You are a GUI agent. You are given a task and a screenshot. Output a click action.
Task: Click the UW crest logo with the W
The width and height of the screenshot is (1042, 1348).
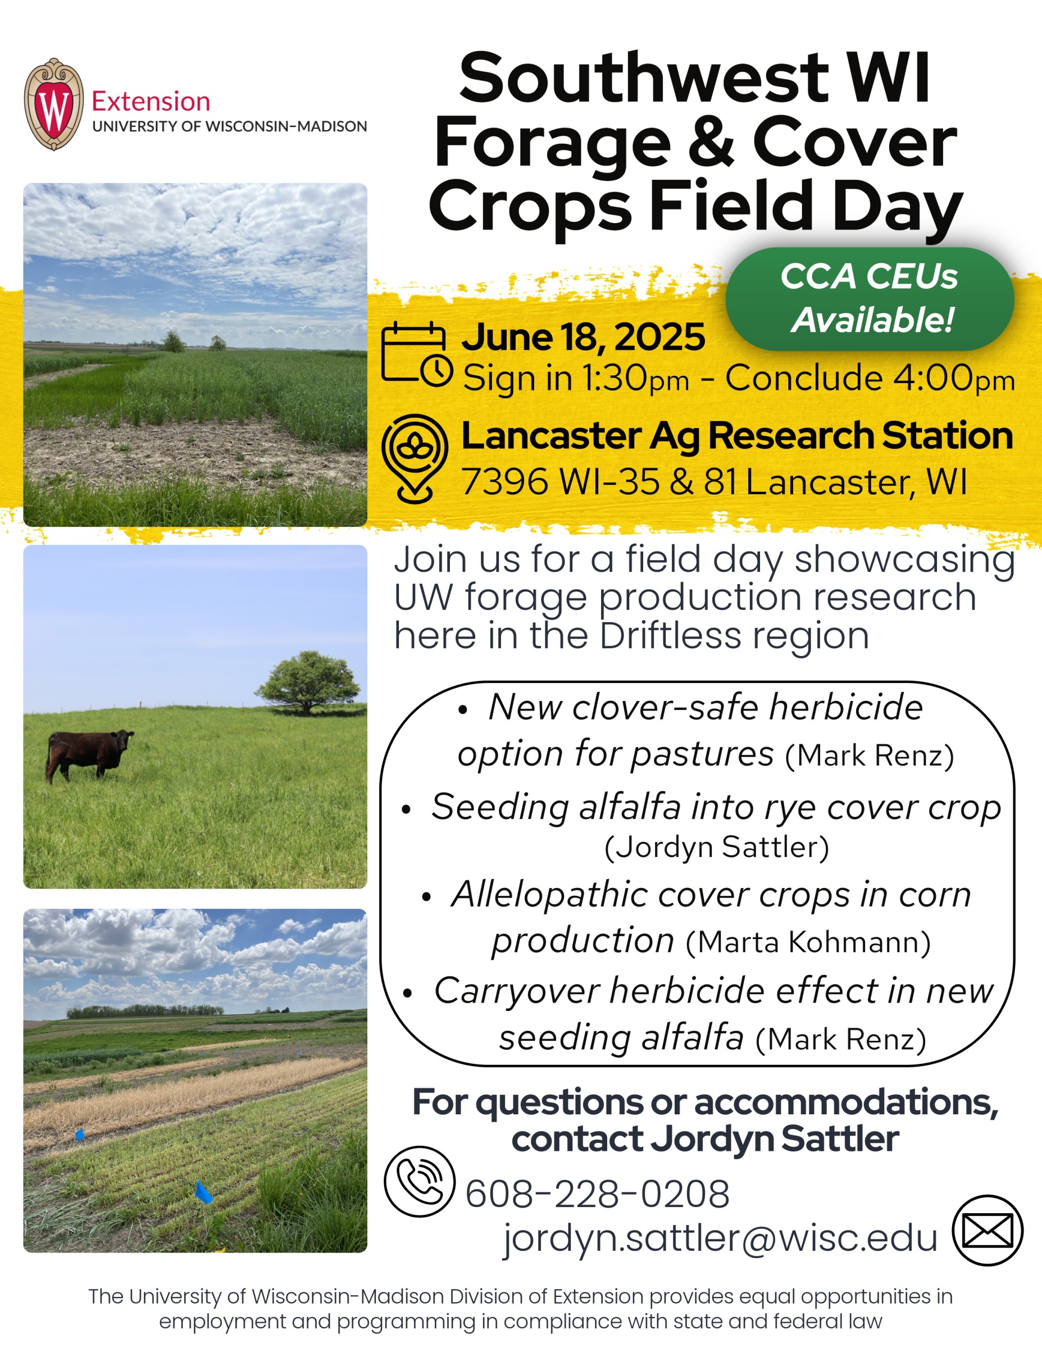[54, 104]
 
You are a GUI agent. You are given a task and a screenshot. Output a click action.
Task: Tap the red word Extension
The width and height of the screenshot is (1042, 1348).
[151, 101]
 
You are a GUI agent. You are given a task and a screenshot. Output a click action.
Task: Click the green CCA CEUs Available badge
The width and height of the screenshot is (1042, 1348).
[869, 299]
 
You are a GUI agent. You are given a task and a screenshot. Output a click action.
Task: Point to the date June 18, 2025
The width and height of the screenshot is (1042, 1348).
[583, 337]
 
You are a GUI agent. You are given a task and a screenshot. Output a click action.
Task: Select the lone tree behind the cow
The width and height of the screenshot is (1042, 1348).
[308, 681]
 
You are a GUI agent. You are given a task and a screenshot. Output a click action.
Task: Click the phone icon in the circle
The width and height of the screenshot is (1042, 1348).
[419, 1181]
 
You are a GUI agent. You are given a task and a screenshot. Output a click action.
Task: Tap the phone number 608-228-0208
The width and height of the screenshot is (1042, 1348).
[597, 1193]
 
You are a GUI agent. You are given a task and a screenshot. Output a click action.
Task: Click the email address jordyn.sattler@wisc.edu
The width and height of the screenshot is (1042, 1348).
[720, 1237]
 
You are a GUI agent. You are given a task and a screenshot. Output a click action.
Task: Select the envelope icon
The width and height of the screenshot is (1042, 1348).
[987, 1230]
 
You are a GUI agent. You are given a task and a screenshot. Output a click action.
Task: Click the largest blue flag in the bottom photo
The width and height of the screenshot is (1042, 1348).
[202, 1192]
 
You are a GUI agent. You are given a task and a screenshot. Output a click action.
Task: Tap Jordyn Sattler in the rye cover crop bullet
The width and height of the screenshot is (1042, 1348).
[716, 848]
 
